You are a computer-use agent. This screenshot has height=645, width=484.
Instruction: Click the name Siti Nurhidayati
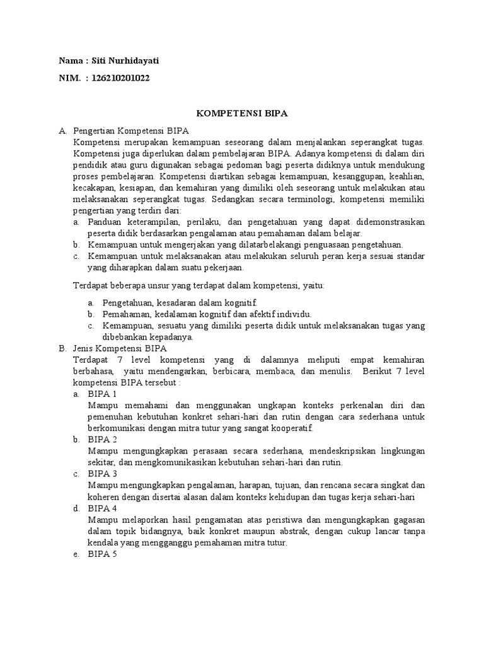pos(129,61)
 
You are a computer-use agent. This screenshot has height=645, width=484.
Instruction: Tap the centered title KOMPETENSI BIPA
pos(241,113)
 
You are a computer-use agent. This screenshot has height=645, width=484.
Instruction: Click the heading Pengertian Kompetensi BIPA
pos(127,131)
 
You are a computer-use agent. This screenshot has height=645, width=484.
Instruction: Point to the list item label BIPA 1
pos(103,394)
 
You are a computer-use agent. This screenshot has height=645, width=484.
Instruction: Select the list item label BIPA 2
pos(103,440)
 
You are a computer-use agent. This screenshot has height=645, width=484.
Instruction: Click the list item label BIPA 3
pos(103,474)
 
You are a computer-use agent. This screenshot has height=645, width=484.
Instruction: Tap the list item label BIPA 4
pos(103,508)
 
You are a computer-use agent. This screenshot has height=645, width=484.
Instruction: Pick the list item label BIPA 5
pos(103,554)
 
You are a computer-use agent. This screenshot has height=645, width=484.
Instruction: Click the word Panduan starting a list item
pos(105,222)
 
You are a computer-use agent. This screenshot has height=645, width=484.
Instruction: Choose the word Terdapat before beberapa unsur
pos(91,285)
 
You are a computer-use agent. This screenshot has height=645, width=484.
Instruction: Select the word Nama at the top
pos(70,61)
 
